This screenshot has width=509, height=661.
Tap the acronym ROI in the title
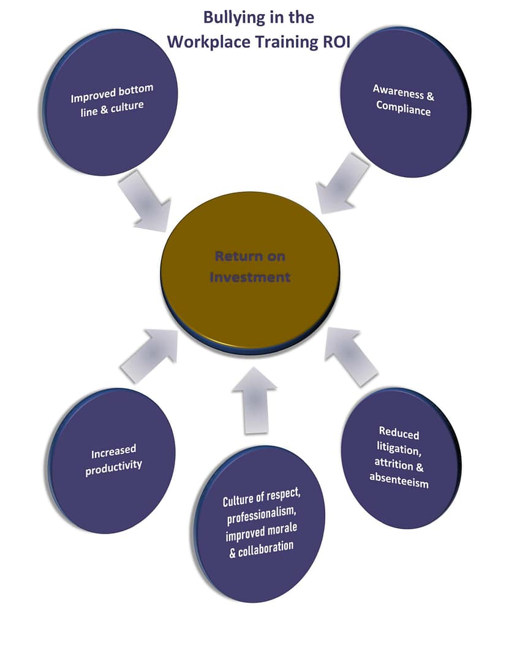tap(330, 42)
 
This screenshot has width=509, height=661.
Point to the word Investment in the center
tap(250, 277)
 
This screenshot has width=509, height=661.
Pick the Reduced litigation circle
tap(399, 458)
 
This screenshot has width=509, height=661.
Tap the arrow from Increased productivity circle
tap(149, 356)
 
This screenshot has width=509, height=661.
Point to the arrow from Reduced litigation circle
tap(352, 355)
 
